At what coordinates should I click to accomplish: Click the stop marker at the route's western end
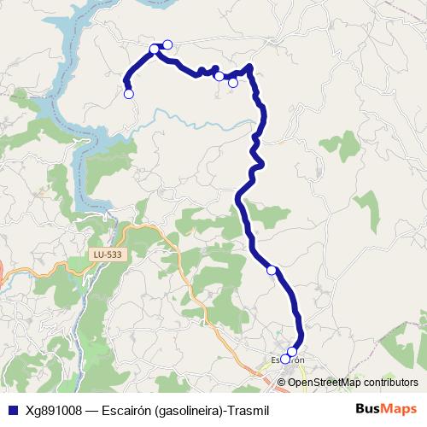tap(129, 94)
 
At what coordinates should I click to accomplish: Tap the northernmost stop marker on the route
tap(167, 44)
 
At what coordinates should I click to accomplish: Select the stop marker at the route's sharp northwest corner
tap(155, 49)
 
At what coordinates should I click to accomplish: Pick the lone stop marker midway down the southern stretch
tap(272, 270)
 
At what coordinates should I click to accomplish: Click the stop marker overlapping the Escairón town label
tap(285, 360)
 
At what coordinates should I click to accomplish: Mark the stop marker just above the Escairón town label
tap(292, 351)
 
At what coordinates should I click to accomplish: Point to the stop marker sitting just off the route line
tap(233, 83)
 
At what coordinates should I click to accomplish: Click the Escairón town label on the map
tap(288, 360)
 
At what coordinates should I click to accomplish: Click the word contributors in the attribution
tap(390, 382)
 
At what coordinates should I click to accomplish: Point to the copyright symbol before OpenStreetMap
tap(282, 382)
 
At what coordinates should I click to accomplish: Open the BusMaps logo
tap(386, 409)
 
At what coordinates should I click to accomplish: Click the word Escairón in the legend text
tap(125, 410)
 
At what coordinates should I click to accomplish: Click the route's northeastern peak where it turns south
tap(249, 67)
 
